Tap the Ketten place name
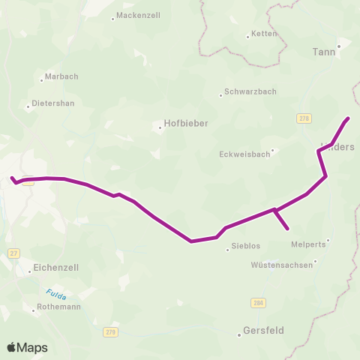pyautogui.click(x=264, y=34)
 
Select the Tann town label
pyautogui.click(x=324, y=52)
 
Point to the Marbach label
pyautogui.click(x=62, y=76)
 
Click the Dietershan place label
pyautogui.click(x=53, y=104)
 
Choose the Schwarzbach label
pyautogui.click(x=250, y=92)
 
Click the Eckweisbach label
pyautogui.click(x=244, y=154)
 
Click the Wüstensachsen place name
pyautogui.click(x=282, y=265)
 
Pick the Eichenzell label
pyautogui.click(x=56, y=267)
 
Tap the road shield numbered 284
pyautogui.click(x=258, y=302)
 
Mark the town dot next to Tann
pyautogui.click(x=339, y=46)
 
